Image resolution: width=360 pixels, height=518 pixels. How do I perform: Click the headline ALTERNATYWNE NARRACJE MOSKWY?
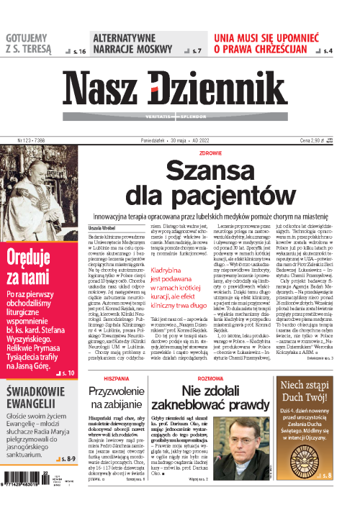(x=130, y=43)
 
